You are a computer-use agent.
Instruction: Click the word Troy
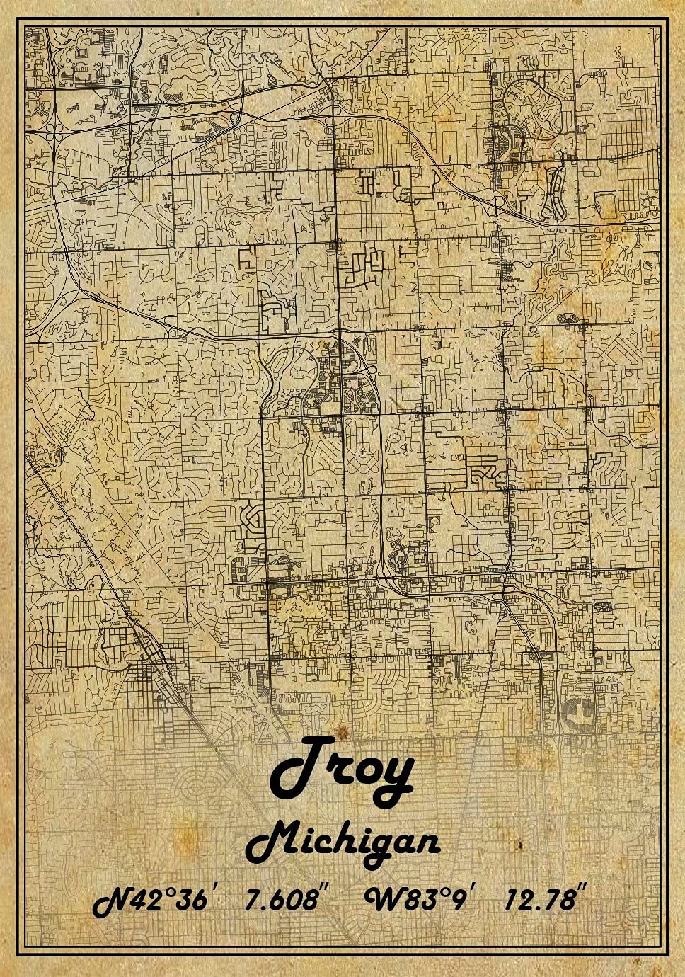point(342,773)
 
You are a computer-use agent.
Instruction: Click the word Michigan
point(344,843)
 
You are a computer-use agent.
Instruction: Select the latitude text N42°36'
point(153,901)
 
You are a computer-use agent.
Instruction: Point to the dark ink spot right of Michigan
point(519,845)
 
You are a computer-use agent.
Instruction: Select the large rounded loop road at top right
point(536,106)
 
